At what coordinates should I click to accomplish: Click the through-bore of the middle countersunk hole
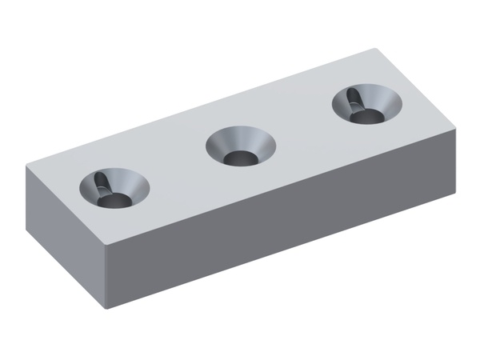(x=238, y=158)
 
